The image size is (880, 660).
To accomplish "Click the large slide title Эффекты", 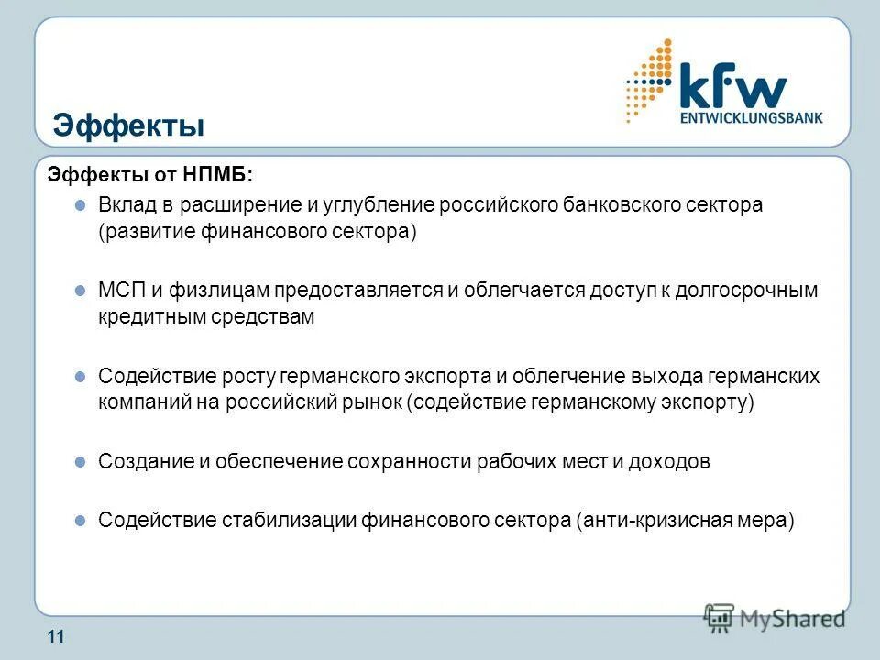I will click(x=128, y=125).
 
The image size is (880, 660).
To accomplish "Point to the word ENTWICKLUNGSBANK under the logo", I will click(x=751, y=118).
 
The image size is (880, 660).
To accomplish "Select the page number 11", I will click(x=55, y=639).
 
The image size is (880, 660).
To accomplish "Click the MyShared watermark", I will click(x=775, y=618).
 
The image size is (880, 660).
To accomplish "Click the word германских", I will click(x=762, y=377).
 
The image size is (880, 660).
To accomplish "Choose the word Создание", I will click(x=140, y=462).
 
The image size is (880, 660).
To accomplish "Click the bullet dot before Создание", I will click(x=80, y=461).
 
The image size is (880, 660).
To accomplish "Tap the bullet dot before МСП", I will click(x=80, y=290).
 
